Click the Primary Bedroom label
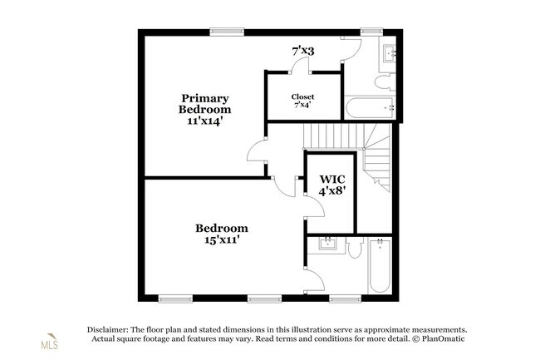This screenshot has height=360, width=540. [x=205, y=104]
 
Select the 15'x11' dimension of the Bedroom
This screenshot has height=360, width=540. [x=222, y=239]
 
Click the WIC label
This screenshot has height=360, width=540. [x=332, y=179]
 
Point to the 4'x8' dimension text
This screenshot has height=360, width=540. [x=332, y=190]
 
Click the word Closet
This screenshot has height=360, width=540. [x=302, y=96]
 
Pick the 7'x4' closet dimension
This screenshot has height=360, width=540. [x=302, y=105]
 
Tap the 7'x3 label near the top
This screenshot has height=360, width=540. [x=303, y=52]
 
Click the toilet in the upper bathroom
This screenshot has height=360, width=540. [x=385, y=82]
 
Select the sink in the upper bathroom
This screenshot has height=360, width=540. [x=390, y=53]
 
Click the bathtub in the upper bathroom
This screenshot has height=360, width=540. [x=370, y=107]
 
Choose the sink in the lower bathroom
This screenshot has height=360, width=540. [x=326, y=244]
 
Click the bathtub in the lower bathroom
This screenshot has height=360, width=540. [x=380, y=265]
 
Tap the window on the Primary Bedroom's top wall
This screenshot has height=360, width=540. [x=227, y=32]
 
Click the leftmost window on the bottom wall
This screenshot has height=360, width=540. [x=175, y=298]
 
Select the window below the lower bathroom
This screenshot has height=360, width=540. [x=345, y=298]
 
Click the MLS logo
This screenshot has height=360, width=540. [x=50, y=342]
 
